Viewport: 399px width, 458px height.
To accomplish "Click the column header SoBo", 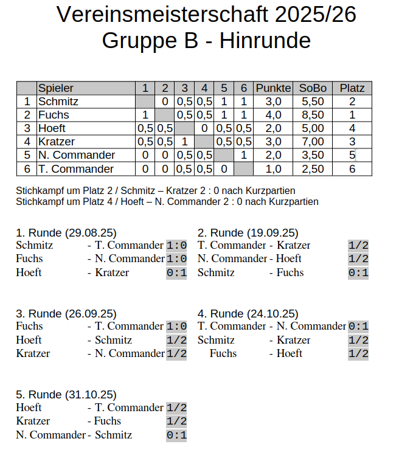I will [313, 88].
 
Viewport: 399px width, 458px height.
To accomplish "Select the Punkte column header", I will [273, 88].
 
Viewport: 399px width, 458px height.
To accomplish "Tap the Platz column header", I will [352, 88].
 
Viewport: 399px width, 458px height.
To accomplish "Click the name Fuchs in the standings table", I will [54, 115].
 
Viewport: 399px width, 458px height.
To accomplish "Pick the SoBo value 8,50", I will [313, 115].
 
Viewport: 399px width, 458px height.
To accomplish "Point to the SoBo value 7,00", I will [313, 142].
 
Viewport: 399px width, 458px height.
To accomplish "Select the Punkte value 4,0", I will [273, 115].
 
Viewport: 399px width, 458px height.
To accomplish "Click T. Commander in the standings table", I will [76, 168].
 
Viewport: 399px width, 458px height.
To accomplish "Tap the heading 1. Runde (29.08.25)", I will [66, 233].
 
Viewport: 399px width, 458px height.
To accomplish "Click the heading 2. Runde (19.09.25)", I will [248, 233].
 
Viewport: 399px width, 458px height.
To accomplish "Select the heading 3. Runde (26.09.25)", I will [66, 314].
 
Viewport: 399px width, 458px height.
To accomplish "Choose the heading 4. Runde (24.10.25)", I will [248, 314].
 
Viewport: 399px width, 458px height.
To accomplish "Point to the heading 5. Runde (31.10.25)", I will [66, 395].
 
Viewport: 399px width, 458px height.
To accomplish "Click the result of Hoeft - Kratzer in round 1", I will [176, 272].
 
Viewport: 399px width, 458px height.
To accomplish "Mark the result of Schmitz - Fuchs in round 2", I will [358, 272].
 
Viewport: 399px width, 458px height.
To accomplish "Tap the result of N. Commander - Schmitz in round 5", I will [176, 435].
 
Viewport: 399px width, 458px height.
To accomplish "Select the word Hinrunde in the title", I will [265, 41].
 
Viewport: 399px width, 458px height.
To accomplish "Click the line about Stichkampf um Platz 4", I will [167, 201].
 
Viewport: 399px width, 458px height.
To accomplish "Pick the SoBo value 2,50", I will [313, 168].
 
